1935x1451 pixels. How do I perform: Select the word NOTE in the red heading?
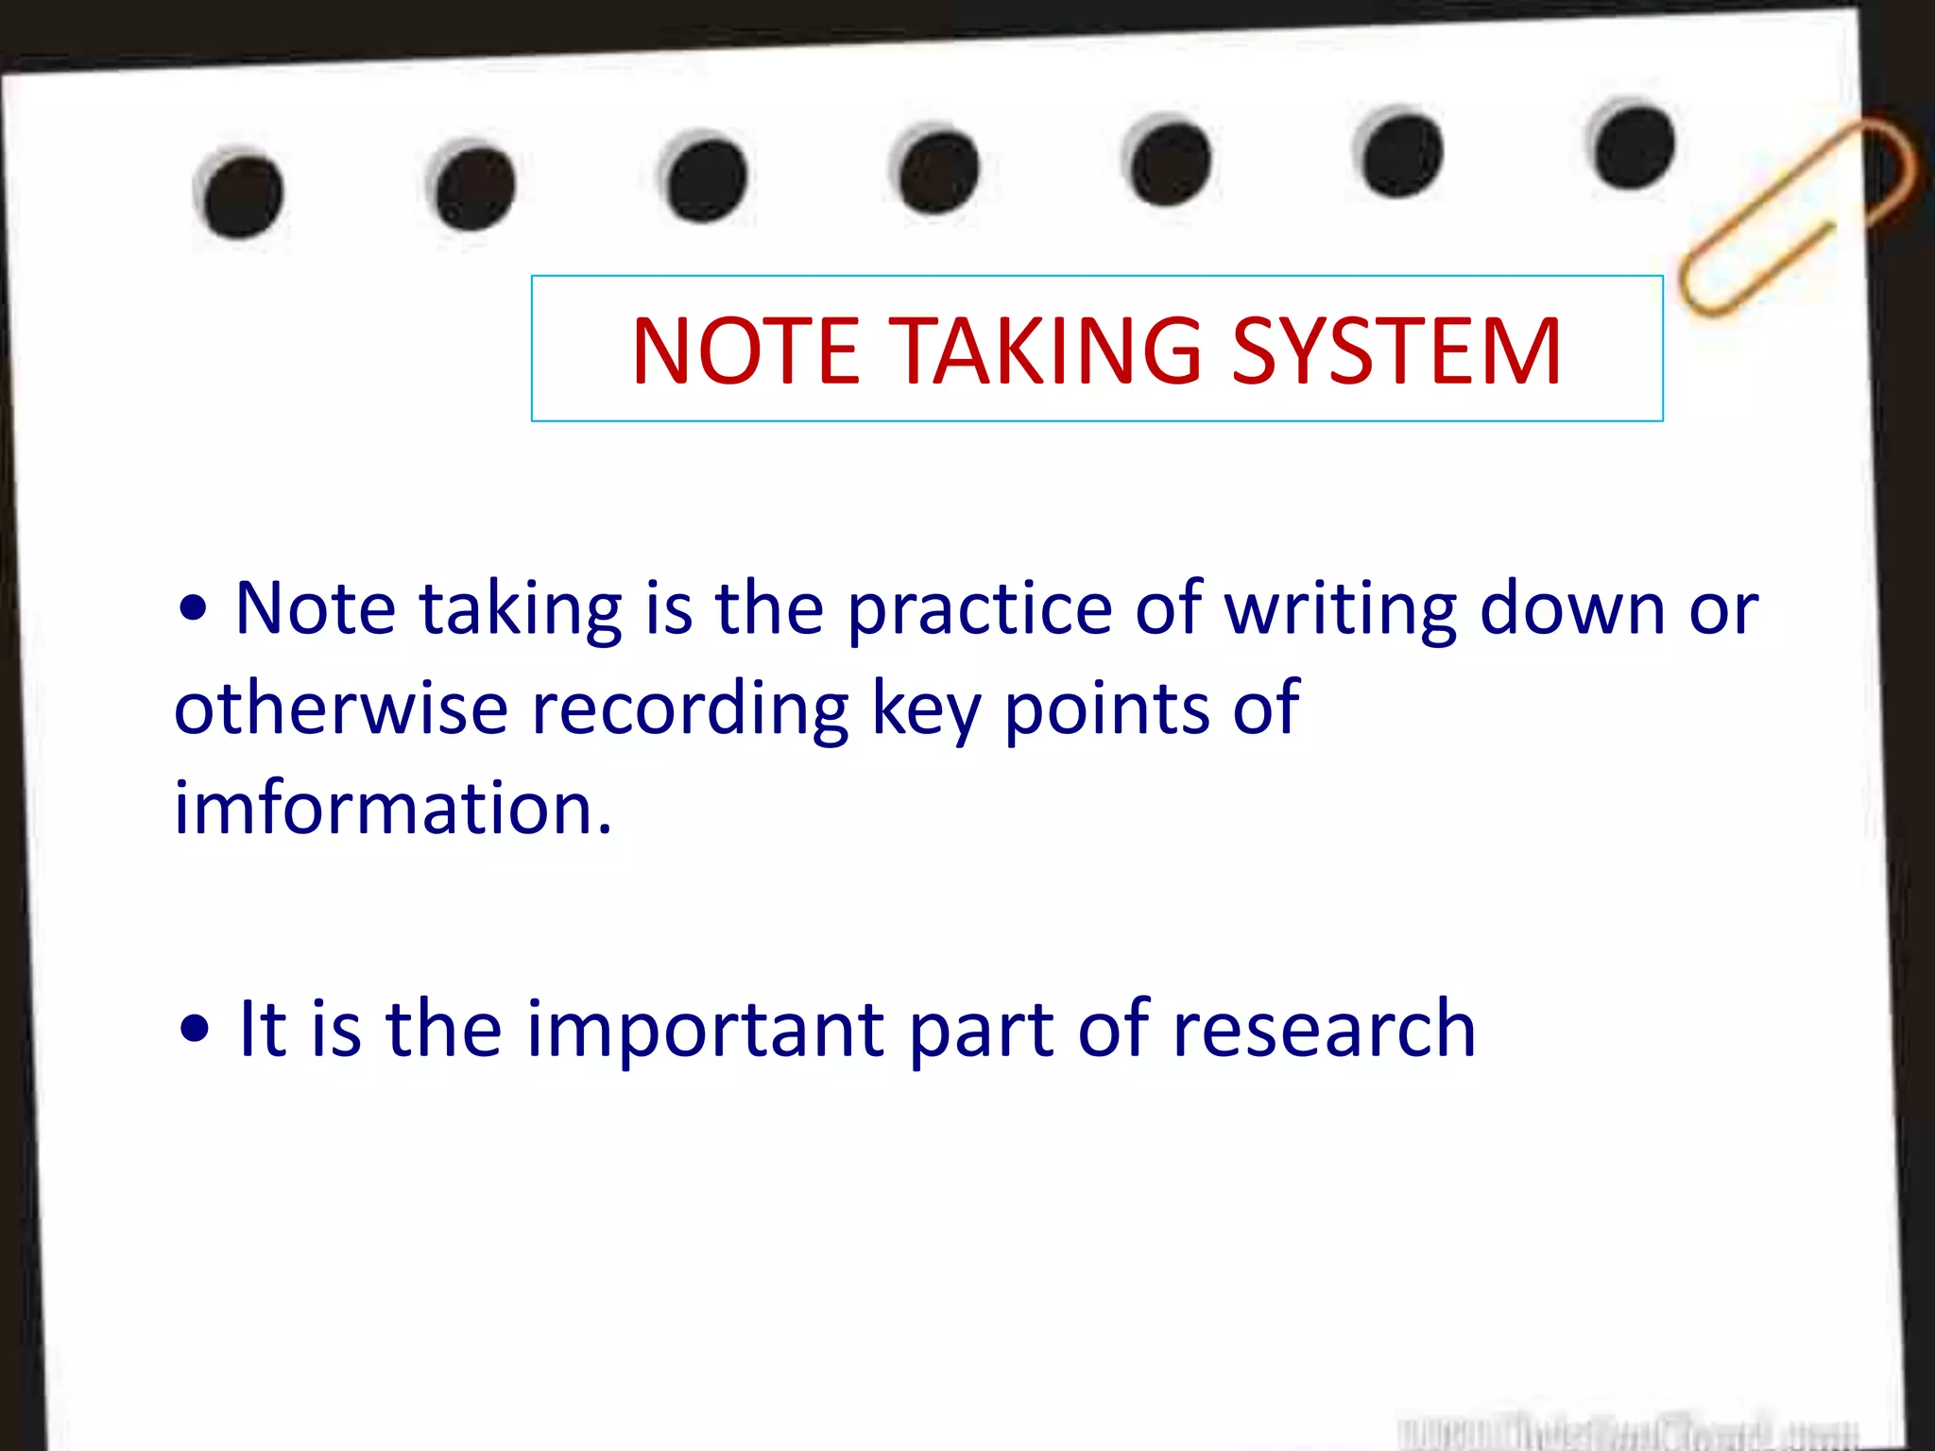[x=745, y=351]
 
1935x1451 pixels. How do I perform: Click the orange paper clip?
[x=1795, y=217]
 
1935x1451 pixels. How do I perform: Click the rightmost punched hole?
[x=1633, y=147]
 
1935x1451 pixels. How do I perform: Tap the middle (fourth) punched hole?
[x=938, y=171]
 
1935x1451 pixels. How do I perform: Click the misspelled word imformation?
[x=393, y=809]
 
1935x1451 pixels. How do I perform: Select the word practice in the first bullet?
[x=979, y=610]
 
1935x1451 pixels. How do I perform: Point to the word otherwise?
[x=341, y=708]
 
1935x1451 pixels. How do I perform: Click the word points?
[x=1106, y=708]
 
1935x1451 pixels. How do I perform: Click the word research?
[x=1323, y=1030]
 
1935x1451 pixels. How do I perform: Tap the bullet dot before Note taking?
[x=194, y=610]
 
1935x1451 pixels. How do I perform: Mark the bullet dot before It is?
[x=195, y=1031]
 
